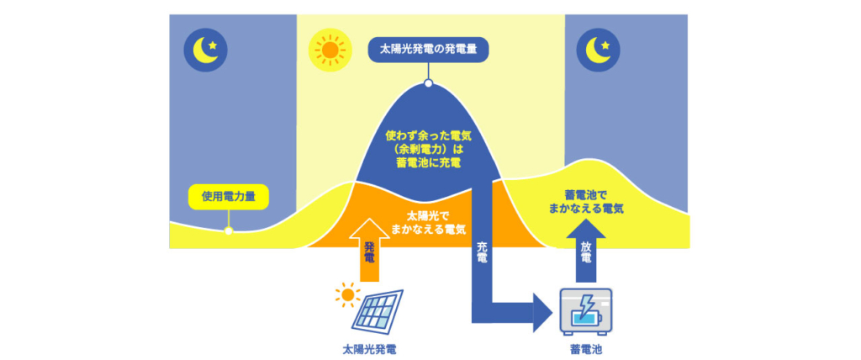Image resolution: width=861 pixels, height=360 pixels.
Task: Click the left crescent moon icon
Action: click(x=205, y=50)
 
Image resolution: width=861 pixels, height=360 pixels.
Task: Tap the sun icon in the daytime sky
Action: click(x=330, y=50)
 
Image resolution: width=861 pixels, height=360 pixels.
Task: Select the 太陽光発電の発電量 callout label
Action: click(x=428, y=50)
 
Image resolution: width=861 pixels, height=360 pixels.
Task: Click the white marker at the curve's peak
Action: click(x=428, y=83)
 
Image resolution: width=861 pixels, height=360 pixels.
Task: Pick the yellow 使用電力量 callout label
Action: click(x=229, y=197)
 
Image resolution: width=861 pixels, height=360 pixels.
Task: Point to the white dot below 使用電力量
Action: click(x=229, y=230)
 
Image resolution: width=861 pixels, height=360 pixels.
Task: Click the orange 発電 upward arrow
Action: click(x=369, y=250)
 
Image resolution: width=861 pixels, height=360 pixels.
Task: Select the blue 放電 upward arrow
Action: click(x=585, y=250)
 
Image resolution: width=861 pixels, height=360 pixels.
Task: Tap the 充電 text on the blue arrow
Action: click(x=482, y=252)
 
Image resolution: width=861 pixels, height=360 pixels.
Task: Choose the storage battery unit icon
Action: click(x=585, y=311)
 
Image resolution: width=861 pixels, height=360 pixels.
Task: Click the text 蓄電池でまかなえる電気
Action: click(x=585, y=202)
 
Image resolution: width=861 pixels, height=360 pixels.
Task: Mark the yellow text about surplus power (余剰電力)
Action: click(x=428, y=147)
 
